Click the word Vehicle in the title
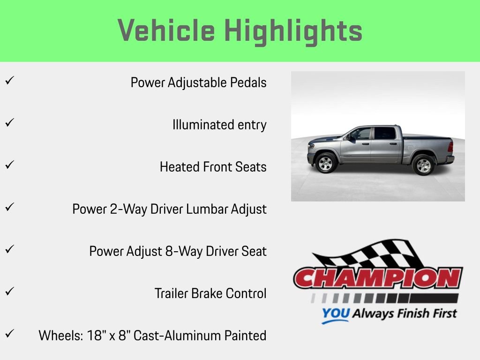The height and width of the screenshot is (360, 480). (166, 30)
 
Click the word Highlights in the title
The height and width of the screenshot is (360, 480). (293, 30)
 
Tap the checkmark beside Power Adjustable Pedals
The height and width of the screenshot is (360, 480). (8, 81)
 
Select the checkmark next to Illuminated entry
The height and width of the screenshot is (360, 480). (8, 123)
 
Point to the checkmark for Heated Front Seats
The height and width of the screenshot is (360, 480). (8, 165)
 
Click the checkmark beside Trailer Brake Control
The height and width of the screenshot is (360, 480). (8, 292)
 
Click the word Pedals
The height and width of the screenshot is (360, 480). (248, 82)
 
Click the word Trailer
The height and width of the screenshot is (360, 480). (171, 293)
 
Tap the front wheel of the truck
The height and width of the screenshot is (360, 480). (326, 163)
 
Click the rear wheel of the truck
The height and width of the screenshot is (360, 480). (424, 165)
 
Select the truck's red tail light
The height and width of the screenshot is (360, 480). (450, 147)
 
